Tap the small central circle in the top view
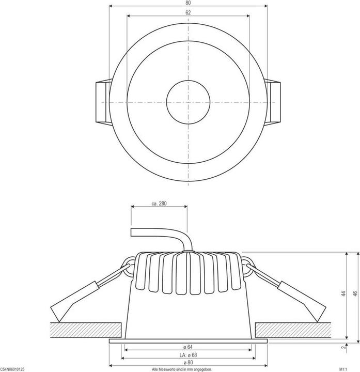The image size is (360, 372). (188, 102)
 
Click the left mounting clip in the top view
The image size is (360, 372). (103, 102)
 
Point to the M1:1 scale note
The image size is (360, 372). (350, 369)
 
